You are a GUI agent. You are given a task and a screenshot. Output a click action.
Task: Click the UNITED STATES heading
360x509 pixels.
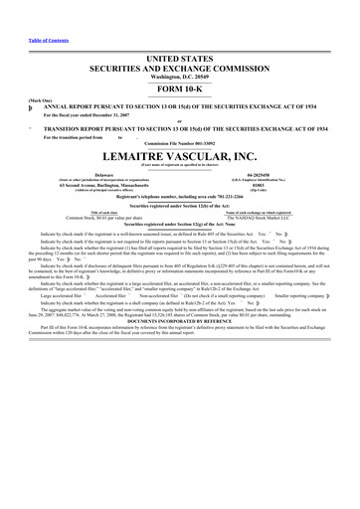click(x=179, y=60)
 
